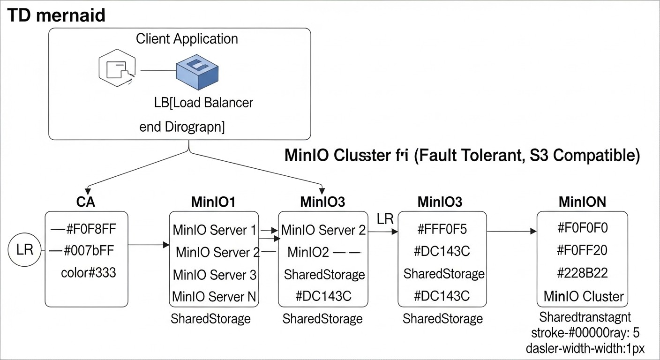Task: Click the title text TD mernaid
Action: pyautogui.click(x=56, y=15)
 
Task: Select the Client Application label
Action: pyautogui.click(x=187, y=38)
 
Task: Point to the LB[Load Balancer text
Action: pyautogui.click(x=203, y=102)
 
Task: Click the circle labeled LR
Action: pyautogui.click(x=25, y=249)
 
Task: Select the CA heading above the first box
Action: pyautogui.click(x=85, y=202)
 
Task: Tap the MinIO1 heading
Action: pyautogui.click(x=213, y=202)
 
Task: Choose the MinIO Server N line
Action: pyautogui.click(x=214, y=297)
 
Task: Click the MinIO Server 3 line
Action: pyautogui.click(x=214, y=275)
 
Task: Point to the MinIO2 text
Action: pyautogui.click(x=308, y=253)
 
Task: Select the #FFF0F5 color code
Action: pyautogui.click(x=442, y=230)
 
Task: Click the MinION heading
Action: pyautogui.click(x=582, y=202)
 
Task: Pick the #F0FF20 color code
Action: pyautogui.click(x=582, y=251)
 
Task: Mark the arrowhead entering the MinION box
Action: pyautogui.click(x=533, y=231)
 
